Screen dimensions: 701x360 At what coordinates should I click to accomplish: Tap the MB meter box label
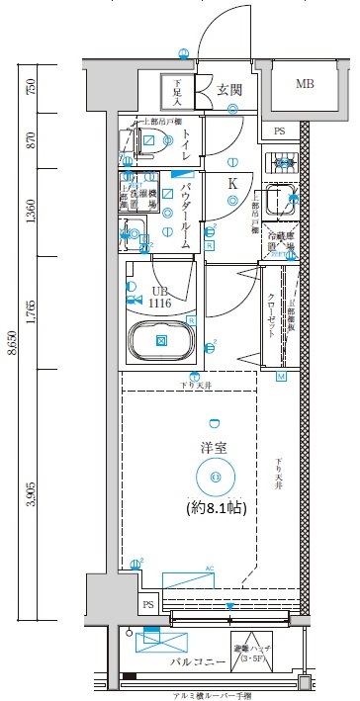pos(305,85)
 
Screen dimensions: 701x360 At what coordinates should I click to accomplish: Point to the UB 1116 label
pos(160,297)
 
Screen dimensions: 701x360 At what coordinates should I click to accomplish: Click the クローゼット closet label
pos(272,315)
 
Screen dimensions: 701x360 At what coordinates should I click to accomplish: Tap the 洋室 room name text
pos(215,448)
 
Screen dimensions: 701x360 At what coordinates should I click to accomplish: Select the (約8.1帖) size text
pos(216,507)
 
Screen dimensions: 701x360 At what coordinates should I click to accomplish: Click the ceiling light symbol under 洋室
pos(215,479)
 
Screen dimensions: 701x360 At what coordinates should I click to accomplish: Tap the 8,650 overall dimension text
pos(11,352)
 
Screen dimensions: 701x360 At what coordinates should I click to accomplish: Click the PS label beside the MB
pos(279,131)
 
